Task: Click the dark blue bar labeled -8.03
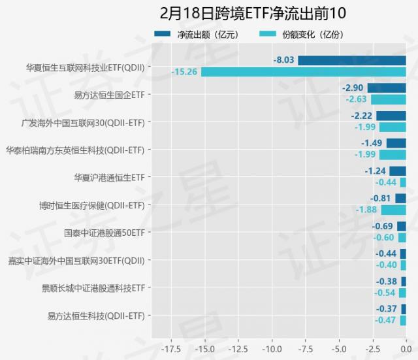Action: pyautogui.click(x=352, y=61)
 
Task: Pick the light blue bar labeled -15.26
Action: pyautogui.click(x=304, y=72)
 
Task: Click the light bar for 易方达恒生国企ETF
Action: pyautogui.click(x=389, y=99)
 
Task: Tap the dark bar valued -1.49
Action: pyautogui.click(x=396, y=143)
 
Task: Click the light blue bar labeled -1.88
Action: pyautogui.click(x=393, y=210)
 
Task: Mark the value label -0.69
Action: pyautogui.click(x=382, y=226)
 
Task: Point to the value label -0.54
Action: pyautogui.click(x=385, y=292)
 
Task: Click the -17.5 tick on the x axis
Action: pyautogui.click(x=171, y=349)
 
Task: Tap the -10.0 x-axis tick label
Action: pyautogui.click(x=272, y=349)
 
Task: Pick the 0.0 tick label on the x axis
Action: pyautogui.click(x=406, y=349)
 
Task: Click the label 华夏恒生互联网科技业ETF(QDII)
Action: pyautogui.click(x=86, y=67)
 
